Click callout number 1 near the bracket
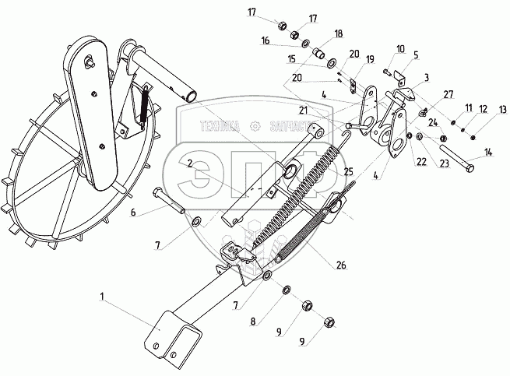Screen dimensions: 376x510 (103, 297)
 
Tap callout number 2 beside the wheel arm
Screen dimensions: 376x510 (189, 163)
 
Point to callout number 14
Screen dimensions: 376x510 (488, 152)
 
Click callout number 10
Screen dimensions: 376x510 (400, 48)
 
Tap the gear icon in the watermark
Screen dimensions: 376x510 (255, 127)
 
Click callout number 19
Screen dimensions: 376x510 (370, 59)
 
